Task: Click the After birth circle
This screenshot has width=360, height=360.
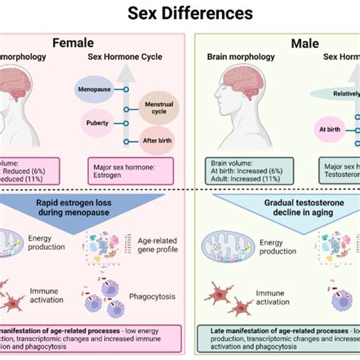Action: coord(158,141)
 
